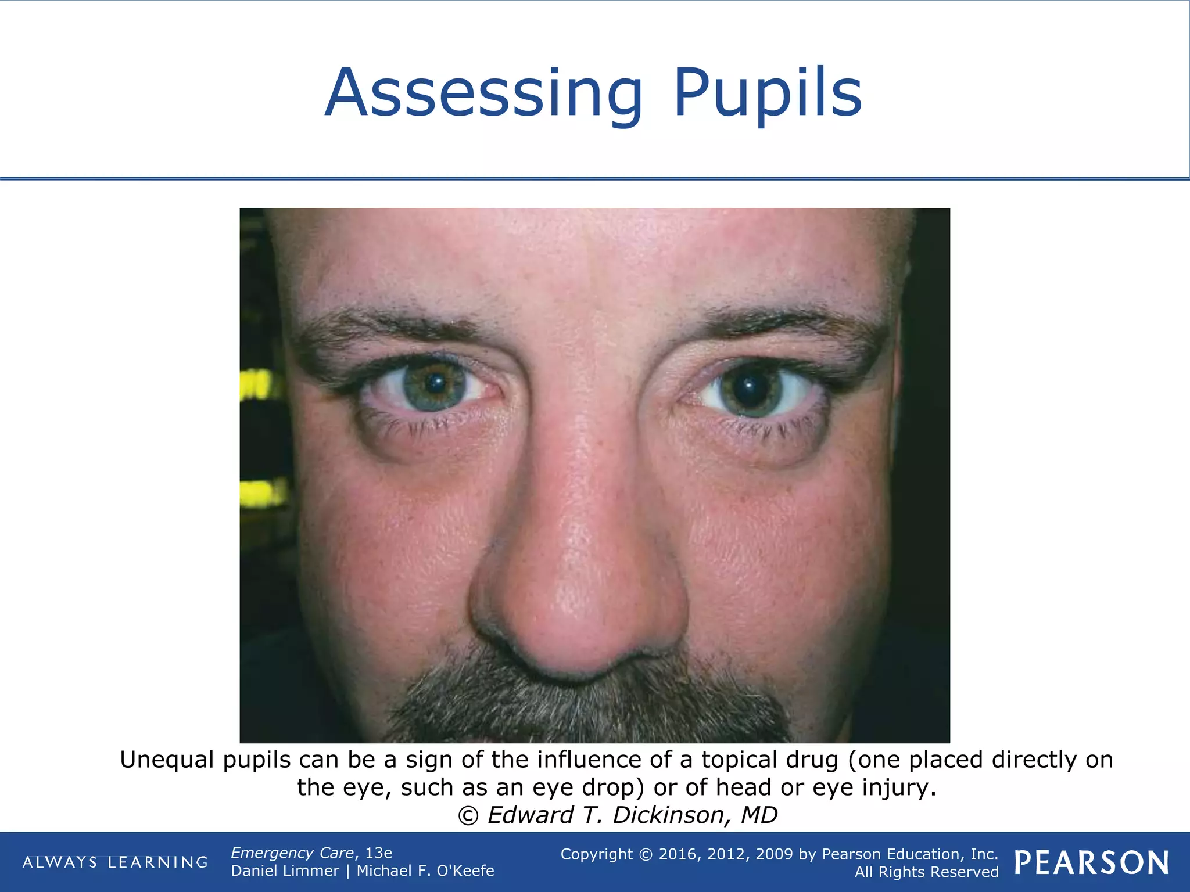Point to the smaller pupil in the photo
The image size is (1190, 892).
[x=435, y=383]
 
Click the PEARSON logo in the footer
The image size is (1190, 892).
[x=1092, y=863]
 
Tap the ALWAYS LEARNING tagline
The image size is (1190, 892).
[x=115, y=862]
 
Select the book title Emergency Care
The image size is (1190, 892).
[x=292, y=853]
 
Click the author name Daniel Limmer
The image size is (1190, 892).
[x=285, y=871]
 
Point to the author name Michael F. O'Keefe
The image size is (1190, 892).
[x=425, y=871]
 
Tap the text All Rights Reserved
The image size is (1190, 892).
[x=926, y=872]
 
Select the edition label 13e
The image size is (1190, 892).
[x=378, y=853]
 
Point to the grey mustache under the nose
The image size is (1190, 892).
[x=581, y=703]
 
